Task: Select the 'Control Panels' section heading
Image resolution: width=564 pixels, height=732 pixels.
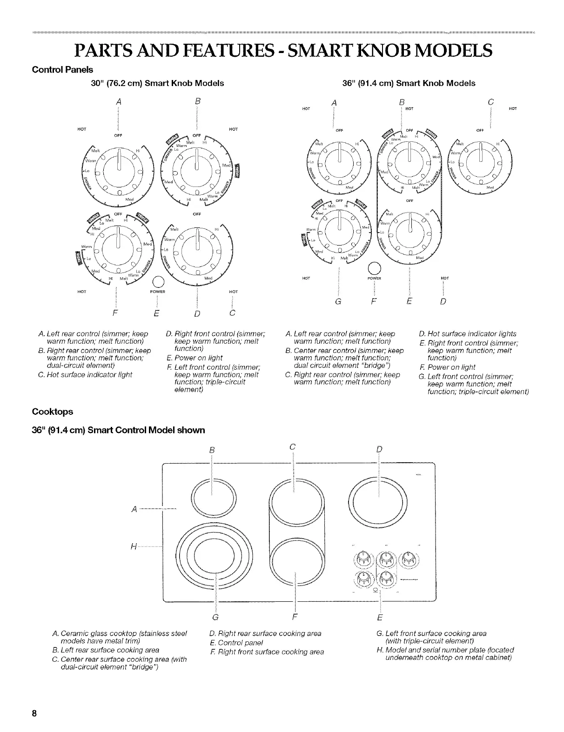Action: (62, 70)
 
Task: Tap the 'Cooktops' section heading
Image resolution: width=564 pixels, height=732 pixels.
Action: (52, 412)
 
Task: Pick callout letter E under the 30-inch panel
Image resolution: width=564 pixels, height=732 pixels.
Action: (157, 313)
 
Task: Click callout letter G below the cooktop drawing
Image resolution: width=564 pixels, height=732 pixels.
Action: (215, 618)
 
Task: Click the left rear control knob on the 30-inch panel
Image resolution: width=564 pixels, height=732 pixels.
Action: (120, 165)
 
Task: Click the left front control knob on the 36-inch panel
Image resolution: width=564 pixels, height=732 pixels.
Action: (340, 225)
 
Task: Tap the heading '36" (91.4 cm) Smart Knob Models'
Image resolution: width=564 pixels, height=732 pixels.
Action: (409, 83)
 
